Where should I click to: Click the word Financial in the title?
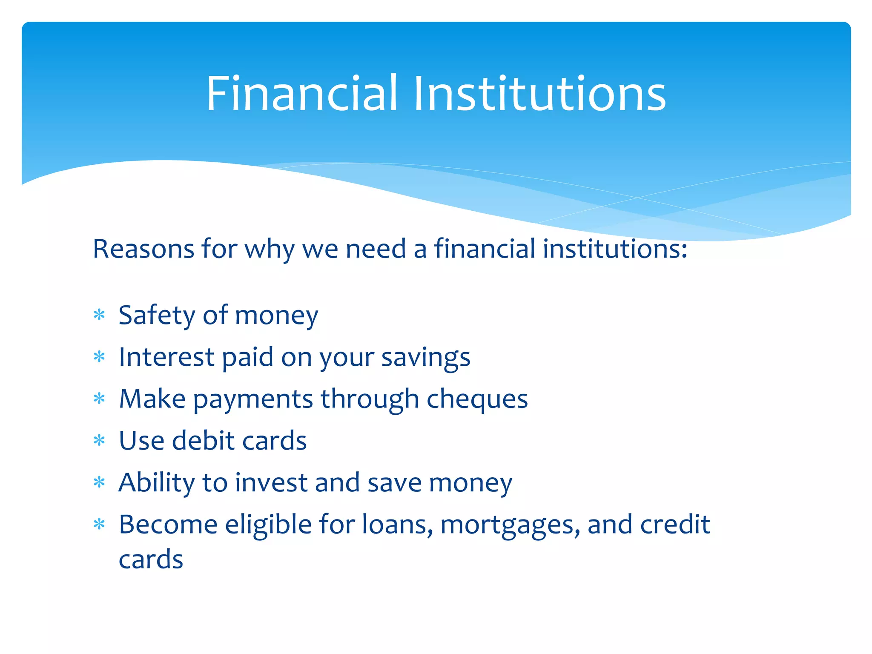coord(302,93)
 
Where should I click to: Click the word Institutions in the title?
coord(539,93)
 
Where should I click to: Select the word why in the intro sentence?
coord(269,250)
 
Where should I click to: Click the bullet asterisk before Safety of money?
coord(99,316)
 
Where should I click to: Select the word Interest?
coord(166,357)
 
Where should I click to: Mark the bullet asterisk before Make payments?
coord(99,399)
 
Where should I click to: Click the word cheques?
coord(477,399)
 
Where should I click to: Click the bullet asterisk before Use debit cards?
coord(99,441)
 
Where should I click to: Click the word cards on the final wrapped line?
coord(151,559)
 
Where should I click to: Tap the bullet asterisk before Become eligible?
coord(99,525)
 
